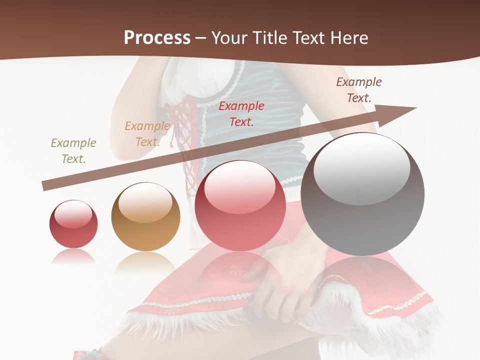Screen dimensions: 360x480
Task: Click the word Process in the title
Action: coord(157,38)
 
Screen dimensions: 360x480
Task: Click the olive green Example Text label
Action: coord(73,150)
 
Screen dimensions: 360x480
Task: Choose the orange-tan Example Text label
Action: coord(147,133)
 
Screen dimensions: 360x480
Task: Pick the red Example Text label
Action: coord(241,113)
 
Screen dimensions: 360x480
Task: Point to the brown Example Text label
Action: coord(358,89)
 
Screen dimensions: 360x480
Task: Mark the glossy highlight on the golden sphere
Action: coord(145,202)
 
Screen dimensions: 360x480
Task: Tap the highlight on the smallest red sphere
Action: coord(73,214)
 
